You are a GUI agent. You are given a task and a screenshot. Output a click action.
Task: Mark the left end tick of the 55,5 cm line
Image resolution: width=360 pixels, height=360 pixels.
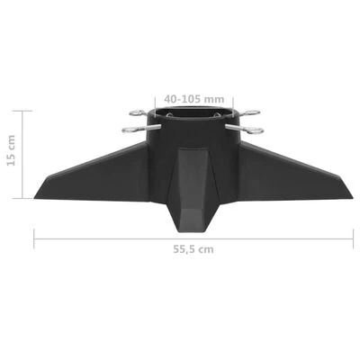pyautogui.click(x=33, y=236)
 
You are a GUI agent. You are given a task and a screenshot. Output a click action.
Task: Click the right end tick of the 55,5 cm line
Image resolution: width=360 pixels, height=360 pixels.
pyautogui.click(x=352, y=236)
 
